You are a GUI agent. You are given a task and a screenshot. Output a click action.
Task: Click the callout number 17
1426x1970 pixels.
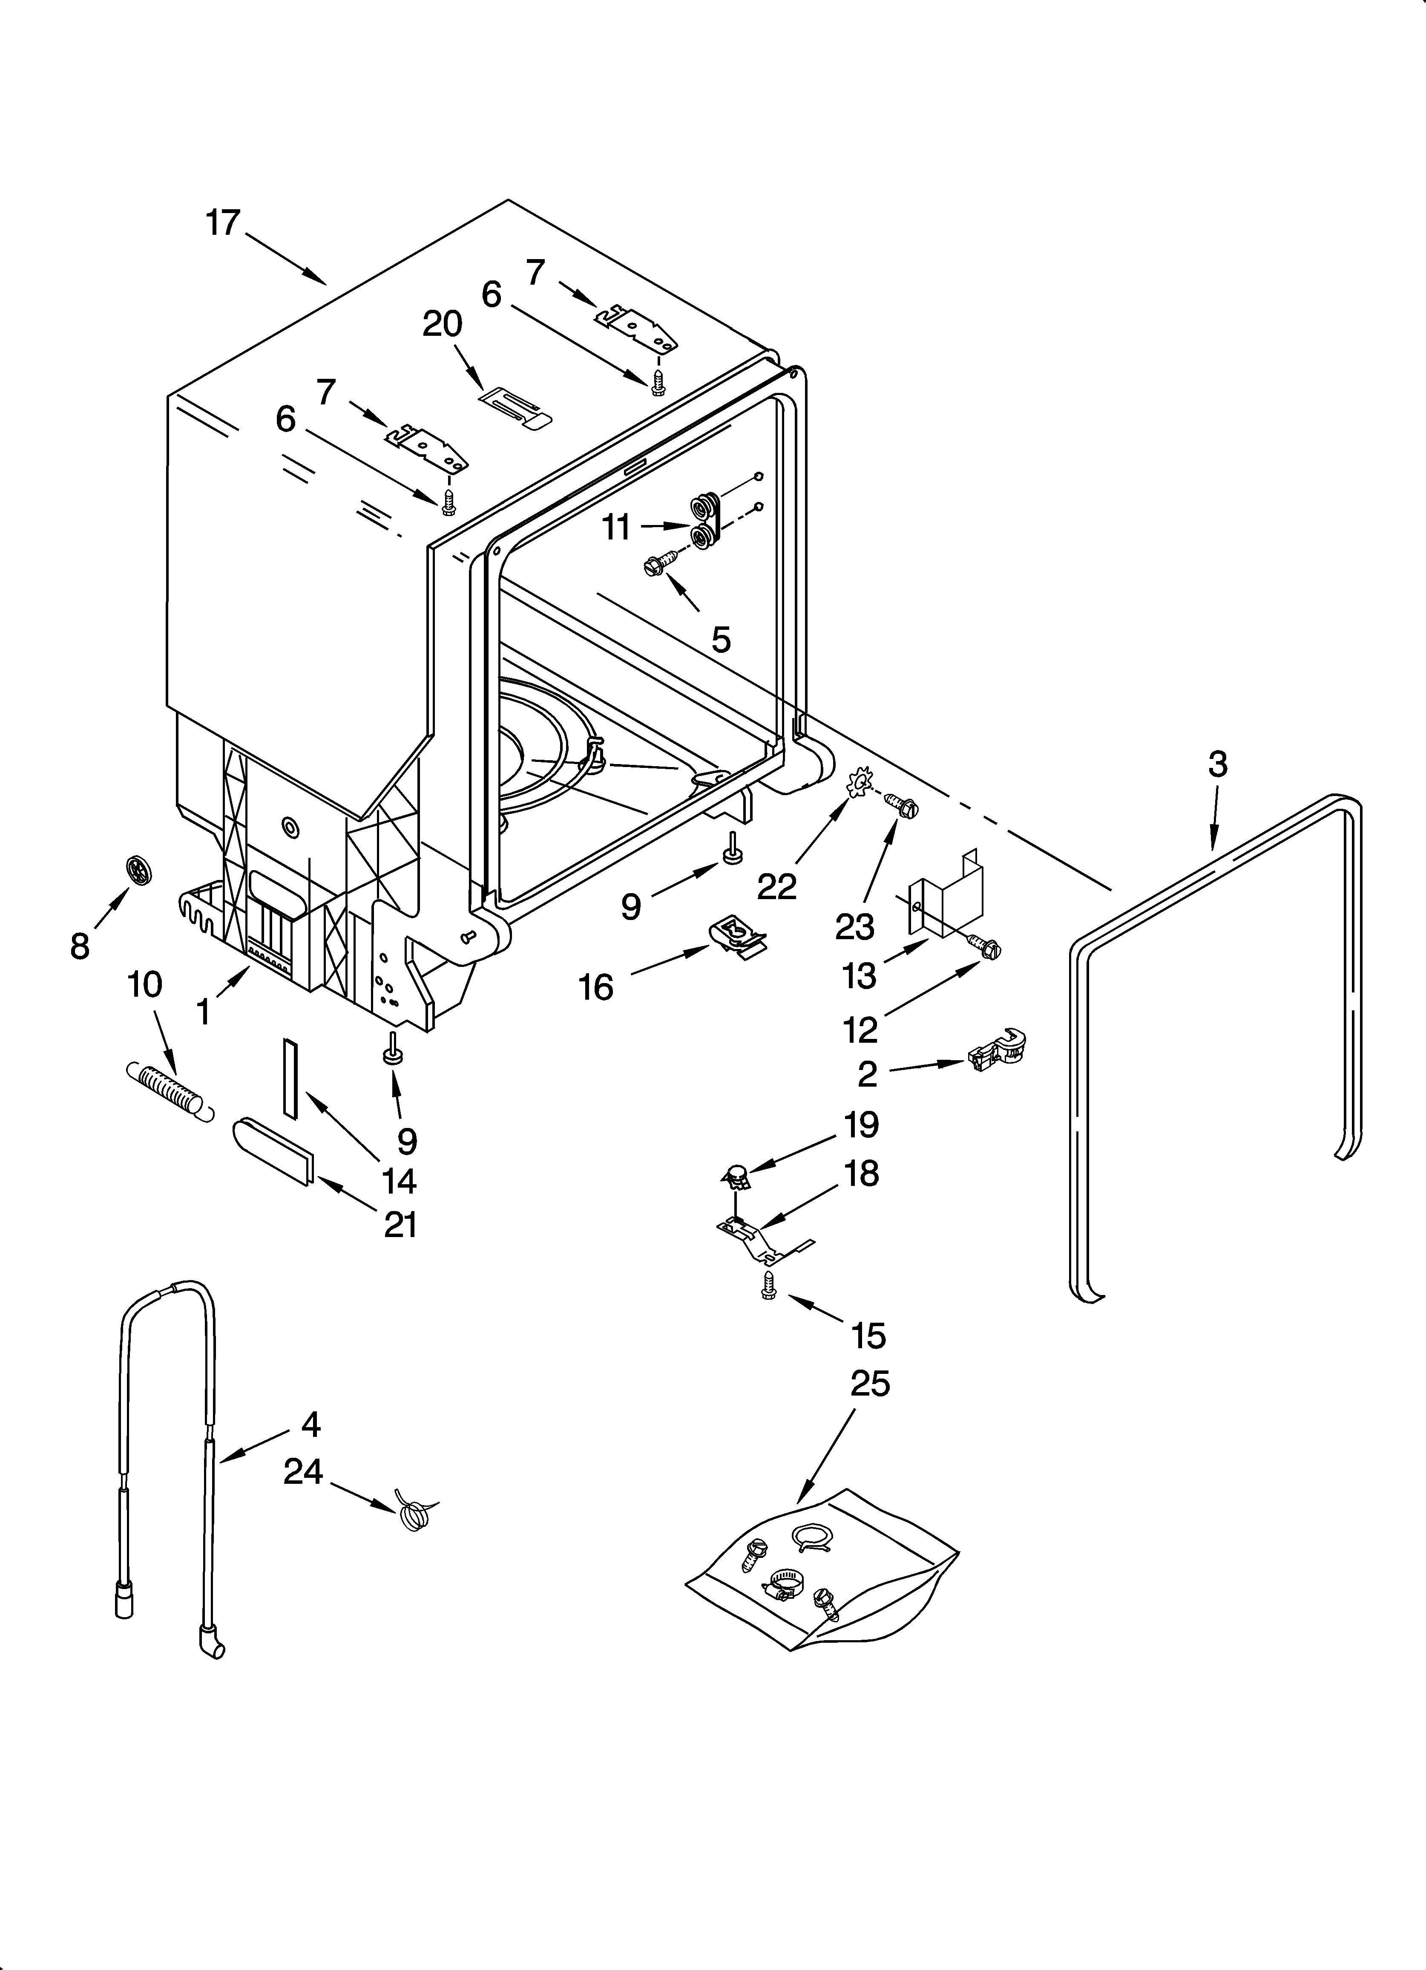222,223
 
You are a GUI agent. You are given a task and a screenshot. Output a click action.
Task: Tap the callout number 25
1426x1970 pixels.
869,1383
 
